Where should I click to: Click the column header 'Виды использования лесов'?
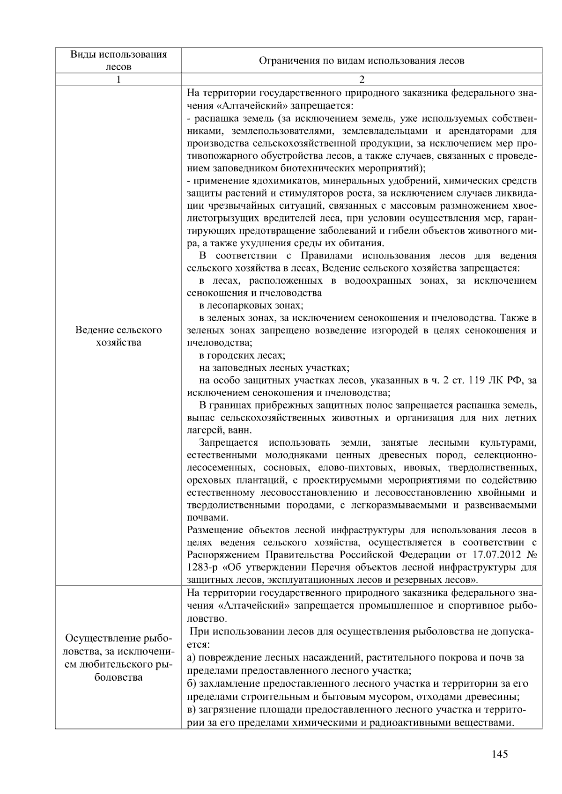[x=118, y=60]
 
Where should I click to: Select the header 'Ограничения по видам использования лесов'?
[x=362, y=60]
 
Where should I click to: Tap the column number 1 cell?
[x=118, y=80]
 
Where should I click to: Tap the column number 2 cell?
[x=362, y=80]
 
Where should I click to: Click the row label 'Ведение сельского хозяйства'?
[x=118, y=336]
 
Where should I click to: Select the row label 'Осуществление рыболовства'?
[x=118, y=658]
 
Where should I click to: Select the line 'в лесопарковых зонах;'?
[x=251, y=306]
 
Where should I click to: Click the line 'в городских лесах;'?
[x=242, y=355]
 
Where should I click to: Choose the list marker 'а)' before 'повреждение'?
[x=191, y=658]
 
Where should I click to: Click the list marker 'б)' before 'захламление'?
[x=191, y=684]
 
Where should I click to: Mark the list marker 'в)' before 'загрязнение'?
[x=191, y=710]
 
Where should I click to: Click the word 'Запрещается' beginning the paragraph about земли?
[x=228, y=443]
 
